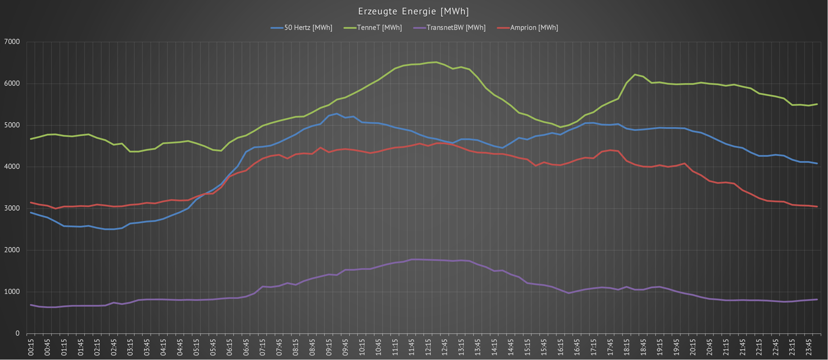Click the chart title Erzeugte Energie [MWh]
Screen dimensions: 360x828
pos(414,11)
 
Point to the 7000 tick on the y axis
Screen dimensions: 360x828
pos(12,42)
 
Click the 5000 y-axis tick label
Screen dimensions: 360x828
pos(12,125)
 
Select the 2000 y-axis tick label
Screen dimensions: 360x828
pos(12,250)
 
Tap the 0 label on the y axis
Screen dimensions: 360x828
pos(18,333)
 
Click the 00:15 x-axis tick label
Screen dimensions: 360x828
pos(31,347)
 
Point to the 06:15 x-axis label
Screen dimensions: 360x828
pos(230,347)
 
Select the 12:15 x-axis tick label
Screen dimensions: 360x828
pos(428,347)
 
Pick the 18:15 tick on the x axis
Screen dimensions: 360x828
pos(627,347)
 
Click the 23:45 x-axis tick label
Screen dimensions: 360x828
pos(809,347)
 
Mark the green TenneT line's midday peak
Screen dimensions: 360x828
pos(436,62)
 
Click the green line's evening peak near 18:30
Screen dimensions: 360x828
pos(635,75)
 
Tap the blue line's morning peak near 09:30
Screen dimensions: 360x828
pos(337,114)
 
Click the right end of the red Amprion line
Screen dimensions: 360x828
pos(817,206)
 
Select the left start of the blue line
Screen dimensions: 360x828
pos(31,213)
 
